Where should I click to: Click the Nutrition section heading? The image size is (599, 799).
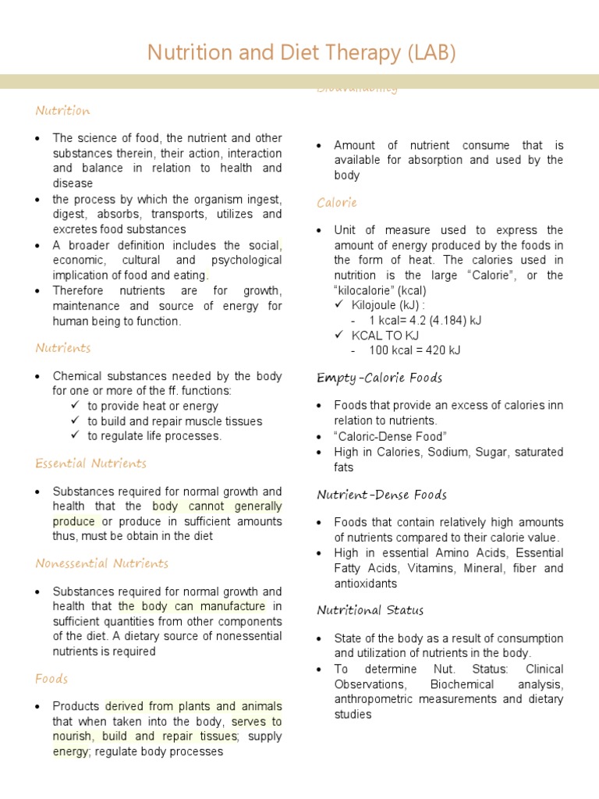[x=62, y=111]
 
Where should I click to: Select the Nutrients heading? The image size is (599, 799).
[x=62, y=348]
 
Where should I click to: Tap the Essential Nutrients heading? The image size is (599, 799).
[x=90, y=463]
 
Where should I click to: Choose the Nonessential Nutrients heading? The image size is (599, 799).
[x=101, y=563]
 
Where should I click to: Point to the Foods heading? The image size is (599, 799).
[x=51, y=679]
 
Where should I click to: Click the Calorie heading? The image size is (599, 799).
[x=337, y=203]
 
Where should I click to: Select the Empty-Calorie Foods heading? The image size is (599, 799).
[x=379, y=378]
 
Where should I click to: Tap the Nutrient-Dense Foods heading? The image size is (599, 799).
[x=381, y=495]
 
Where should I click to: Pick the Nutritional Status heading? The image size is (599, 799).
[x=370, y=610]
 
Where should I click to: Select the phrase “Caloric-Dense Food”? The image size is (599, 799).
[x=390, y=436]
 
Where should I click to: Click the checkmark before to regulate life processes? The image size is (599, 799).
[x=76, y=435]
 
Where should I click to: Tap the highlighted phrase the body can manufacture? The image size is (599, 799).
[x=192, y=606]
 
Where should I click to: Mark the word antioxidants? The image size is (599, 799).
[x=365, y=584]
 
